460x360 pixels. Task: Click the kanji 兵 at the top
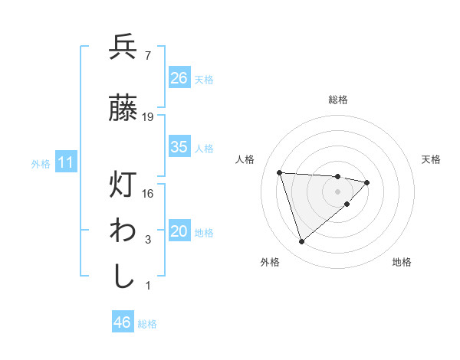[123, 47]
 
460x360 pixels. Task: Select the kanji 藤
[123, 108]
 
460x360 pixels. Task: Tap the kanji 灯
[123, 185]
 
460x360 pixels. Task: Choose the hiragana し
[123, 276]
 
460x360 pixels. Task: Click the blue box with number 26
[179, 78]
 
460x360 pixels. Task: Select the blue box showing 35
[179, 147]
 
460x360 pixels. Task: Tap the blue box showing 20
[179, 232]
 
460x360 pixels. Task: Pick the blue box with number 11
[65, 162]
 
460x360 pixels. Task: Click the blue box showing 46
[122, 322]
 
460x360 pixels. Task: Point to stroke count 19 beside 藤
[148, 117]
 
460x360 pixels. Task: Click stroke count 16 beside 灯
[148, 194]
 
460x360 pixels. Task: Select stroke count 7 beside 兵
[147, 56]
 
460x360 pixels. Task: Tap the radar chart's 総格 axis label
[338, 100]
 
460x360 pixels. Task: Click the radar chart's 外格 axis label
[270, 262]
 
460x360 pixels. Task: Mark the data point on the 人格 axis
[280, 172]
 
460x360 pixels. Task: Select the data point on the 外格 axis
[302, 242]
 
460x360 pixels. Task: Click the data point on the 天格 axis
[367, 182]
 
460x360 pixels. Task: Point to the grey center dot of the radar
[338, 191]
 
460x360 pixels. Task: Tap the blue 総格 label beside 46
[147, 323]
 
